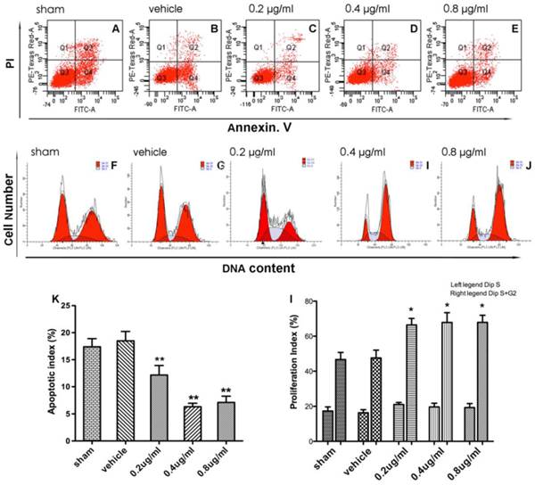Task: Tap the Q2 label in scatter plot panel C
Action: [x=290, y=45]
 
